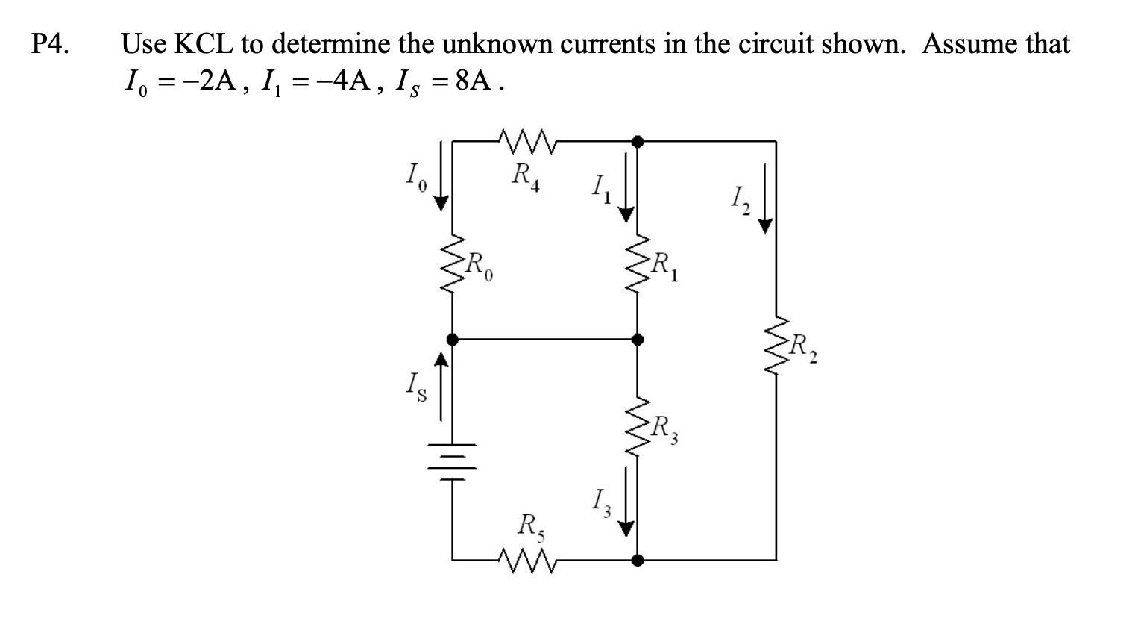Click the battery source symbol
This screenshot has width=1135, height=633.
[x=450, y=452]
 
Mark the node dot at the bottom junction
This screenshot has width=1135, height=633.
[x=636, y=559]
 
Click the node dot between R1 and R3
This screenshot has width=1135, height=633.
[x=636, y=339]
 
